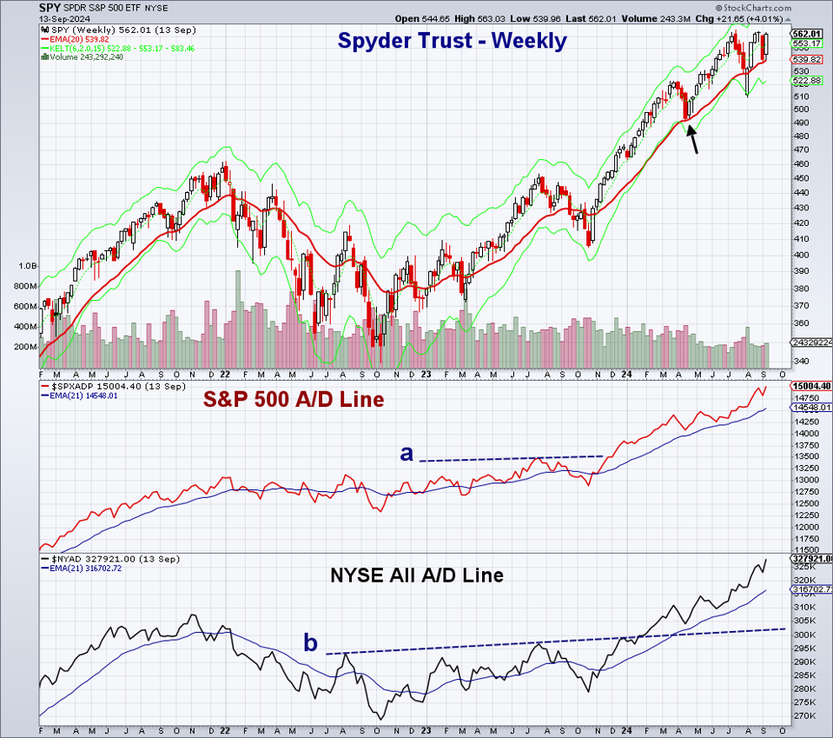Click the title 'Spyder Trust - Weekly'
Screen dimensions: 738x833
(x=452, y=41)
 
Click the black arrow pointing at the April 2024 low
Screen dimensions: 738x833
(x=693, y=138)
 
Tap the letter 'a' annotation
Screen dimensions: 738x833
(x=406, y=452)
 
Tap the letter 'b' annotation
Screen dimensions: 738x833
(x=310, y=643)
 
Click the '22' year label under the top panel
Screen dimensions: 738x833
(x=224, y=375)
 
